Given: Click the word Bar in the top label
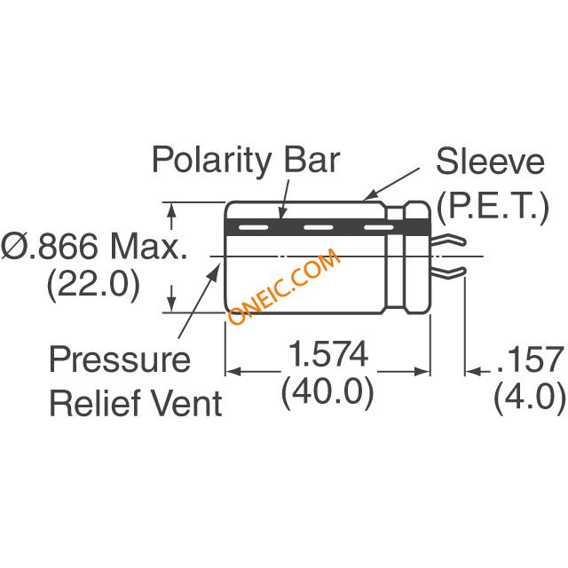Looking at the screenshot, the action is point(312,160).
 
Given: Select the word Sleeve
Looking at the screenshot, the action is point(490,162).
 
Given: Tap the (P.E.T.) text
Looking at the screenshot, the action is point(493,207).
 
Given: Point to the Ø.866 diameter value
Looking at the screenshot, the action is point(50,246).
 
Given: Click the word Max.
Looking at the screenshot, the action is point(149,246).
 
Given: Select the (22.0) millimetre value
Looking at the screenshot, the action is point(93,284).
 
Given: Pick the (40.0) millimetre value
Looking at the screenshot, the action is point(327,392).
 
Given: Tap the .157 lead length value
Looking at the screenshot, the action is point(530,359).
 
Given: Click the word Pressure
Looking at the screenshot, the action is point(120,359).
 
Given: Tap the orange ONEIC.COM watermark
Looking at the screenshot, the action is point(284,286).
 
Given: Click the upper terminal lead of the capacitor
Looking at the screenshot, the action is point(447,240).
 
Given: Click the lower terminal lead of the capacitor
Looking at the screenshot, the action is point(447,272).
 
